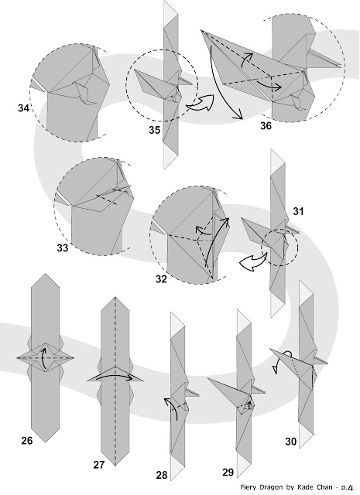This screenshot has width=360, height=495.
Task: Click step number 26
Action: tap(27, 440)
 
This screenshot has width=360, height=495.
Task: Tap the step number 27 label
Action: tap(99, 465)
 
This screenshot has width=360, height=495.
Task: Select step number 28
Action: tap(162, 475)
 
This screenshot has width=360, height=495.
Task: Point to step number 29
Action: tap(228, 473)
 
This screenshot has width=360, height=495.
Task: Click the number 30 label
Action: tap(291, 442)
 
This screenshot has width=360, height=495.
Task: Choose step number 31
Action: tap(298, 211)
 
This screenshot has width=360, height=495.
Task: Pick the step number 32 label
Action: tap(161, 279)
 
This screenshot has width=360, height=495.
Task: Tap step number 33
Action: tap(63, 248)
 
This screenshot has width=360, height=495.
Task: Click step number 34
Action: tap(24, 108)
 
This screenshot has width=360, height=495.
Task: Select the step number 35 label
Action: tap(155, 130)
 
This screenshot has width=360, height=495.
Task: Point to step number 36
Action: tap(266, 125)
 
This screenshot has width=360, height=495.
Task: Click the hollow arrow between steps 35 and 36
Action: tap(200, 103)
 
